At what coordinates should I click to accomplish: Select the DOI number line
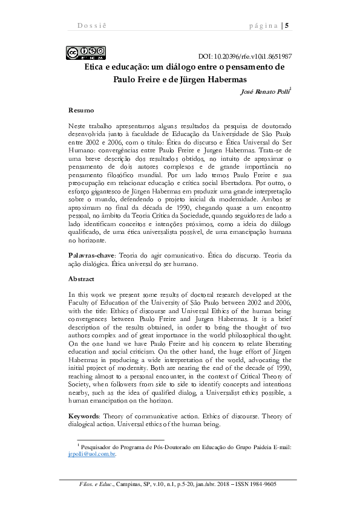245,54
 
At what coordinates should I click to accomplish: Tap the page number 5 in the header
287,25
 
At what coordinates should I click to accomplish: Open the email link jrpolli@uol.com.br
91,453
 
